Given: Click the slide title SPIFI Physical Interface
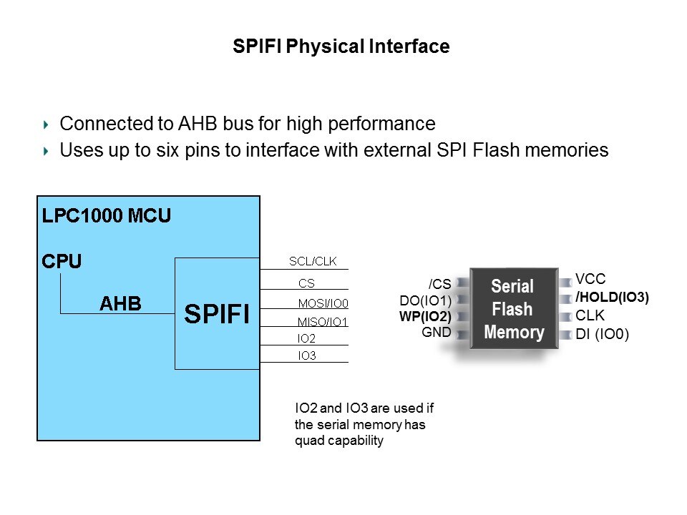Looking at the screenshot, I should click(341, 47).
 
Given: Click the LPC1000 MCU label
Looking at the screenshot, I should click(107, 215).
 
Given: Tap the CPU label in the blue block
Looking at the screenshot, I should click(62, 261).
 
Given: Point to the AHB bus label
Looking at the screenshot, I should click(120, 304).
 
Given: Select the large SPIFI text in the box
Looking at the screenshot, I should click(217, 313).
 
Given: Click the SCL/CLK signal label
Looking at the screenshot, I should click(313, 262).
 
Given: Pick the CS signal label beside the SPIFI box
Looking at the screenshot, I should click(306, 283).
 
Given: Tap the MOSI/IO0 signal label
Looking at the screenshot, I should click(323, 303).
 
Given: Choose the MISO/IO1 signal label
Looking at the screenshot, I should click(323, 322).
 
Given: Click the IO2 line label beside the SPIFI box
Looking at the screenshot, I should click(307, 338).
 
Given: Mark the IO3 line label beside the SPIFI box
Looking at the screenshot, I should click(307, 355).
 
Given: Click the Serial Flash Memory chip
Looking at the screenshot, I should click(513, 309).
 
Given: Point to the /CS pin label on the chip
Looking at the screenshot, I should click(439, 284).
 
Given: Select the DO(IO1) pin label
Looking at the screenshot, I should click(425, 300).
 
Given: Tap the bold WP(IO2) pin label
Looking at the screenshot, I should click(425, 316).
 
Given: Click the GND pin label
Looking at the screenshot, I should click(437, 332).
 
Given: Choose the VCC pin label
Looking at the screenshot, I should click(590, 280).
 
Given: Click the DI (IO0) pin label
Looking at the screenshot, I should click(602, 333).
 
